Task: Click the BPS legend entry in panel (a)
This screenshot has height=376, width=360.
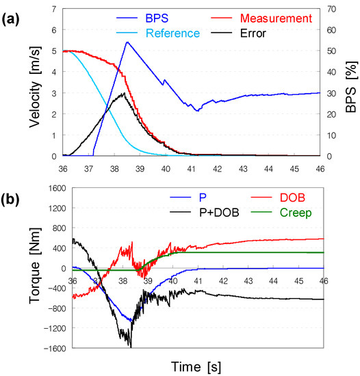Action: point(157,18)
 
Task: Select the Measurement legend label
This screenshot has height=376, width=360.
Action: point(276,18)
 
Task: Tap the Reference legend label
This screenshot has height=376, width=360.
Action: point(172,33)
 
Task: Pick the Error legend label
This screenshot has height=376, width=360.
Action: point(253,33)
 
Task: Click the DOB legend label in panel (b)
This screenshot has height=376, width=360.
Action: point(292,198)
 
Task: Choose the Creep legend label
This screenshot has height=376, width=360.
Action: point(296,213)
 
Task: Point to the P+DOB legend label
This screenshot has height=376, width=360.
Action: point(219,213)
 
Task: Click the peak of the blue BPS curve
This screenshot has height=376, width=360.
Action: point(127,42)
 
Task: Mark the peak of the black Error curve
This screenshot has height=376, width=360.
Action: point(125,93)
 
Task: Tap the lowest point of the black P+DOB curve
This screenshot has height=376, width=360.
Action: point(131,347)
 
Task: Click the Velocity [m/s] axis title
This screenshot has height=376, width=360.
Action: point(35,87)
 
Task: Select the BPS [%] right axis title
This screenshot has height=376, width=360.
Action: point(351,87)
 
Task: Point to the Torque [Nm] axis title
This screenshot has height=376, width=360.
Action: point(35,266)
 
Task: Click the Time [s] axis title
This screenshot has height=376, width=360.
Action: point(196,367)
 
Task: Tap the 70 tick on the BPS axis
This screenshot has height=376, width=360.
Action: point(331,9)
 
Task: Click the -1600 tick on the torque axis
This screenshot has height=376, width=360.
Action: point(55,348)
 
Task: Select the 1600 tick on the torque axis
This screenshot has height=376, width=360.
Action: point(57,188)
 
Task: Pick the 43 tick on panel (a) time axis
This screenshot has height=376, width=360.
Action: point(243,169)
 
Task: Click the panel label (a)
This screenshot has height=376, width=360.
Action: point(10,20)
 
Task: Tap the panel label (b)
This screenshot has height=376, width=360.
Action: point(10,200)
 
